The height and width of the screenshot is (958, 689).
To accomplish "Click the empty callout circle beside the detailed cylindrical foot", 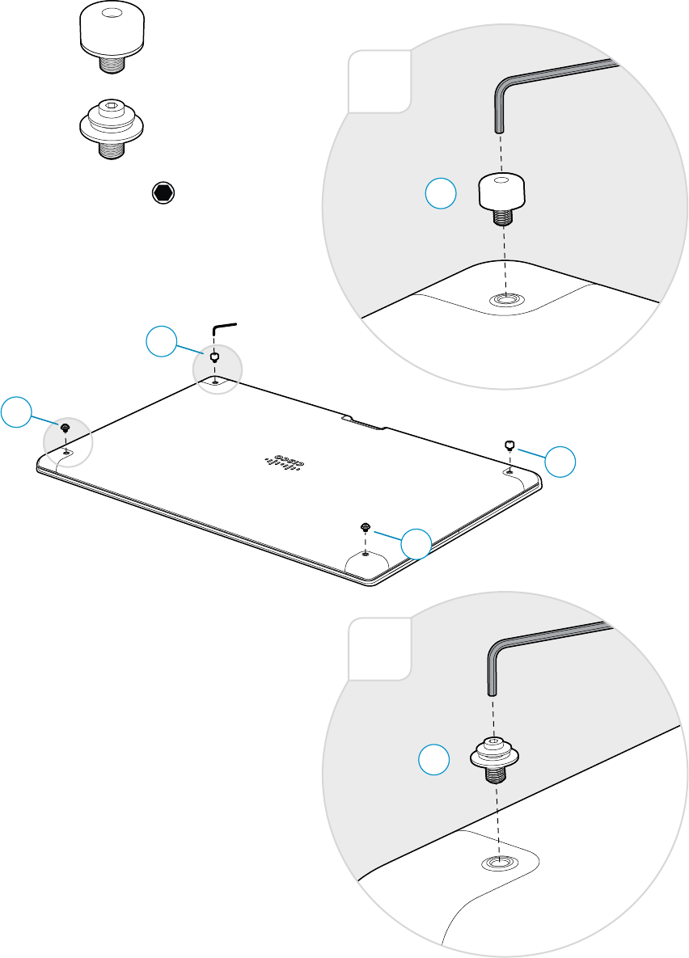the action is pyautogui.click(x=442, y=195).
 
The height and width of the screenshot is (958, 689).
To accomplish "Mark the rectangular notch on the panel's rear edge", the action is pyautogui.click(x=365, y=422).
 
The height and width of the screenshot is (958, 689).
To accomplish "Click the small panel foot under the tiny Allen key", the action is pyautogui.click(x=214, y=357).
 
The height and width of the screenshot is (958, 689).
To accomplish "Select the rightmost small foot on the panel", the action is pyautogui.click(x=509, y=444).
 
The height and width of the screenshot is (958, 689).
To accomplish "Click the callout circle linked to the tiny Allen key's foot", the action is pyautogui.click(x=161, y=343).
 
